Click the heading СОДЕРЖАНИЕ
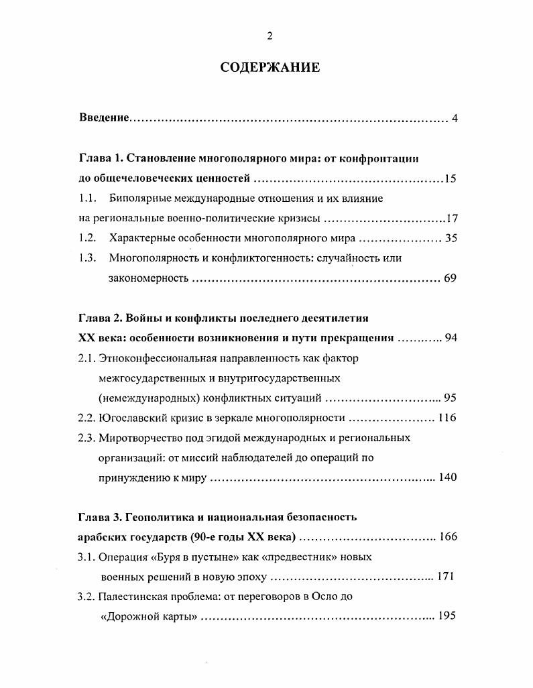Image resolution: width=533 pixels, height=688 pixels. tap(270, 68)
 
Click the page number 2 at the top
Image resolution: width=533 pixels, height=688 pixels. tap(270, 36)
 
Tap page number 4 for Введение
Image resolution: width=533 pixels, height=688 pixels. tap(454, 119)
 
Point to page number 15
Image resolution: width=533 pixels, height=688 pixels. tap(450, 179)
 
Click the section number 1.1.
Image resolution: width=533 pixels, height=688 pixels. tap(87, 198)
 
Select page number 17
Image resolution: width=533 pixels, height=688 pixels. tap(451, 219)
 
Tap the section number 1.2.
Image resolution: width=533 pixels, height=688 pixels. tap(87, 238)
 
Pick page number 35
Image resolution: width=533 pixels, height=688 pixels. tap(450, 238)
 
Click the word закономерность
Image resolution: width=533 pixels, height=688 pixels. tap(147, 278)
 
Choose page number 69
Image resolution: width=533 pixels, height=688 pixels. tap(450, 278)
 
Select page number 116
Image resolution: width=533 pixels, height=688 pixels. tap(447, 418)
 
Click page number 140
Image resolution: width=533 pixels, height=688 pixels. tap(447, 477)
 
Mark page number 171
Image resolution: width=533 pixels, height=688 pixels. tap(446, 577)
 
